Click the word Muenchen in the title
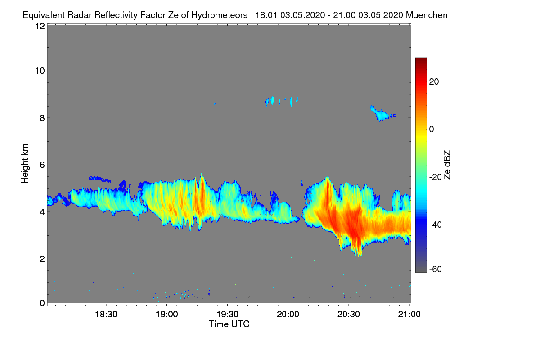coord(427,15)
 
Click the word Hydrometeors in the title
coord(219,15)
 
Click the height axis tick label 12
coord(39,26)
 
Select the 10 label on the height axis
coord(39,71)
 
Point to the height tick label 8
coord(42,118)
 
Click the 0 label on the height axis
coord(42,303)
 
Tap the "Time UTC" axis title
coord(229,324)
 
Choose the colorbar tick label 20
coord(434,81)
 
